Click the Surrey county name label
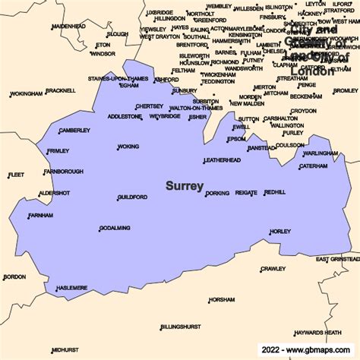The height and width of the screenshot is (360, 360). pos(185,185)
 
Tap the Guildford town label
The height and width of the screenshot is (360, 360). pos(132,197)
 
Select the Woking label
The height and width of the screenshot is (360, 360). pos(128,146)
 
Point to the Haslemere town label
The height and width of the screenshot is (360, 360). pos(72,287)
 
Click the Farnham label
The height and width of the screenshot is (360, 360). pos(41,216)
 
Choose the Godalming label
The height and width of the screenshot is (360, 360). pos(115,228)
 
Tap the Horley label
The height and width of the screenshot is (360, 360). pos(280,231)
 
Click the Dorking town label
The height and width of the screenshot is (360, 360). pos(217,193)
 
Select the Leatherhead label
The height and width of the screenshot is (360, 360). pos(223,160)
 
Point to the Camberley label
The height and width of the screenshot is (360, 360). pos(74,131)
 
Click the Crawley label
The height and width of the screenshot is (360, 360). pos(273,268)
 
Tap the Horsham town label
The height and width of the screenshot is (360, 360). pos(222,299)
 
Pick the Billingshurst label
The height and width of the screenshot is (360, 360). pos(181,327)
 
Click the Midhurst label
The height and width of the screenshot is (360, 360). pos(65,350)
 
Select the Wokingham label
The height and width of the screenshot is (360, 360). pos(27,94)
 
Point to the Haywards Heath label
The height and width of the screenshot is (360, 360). pos(318,332)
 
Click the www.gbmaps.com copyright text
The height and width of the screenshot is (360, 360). pos(311,351)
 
